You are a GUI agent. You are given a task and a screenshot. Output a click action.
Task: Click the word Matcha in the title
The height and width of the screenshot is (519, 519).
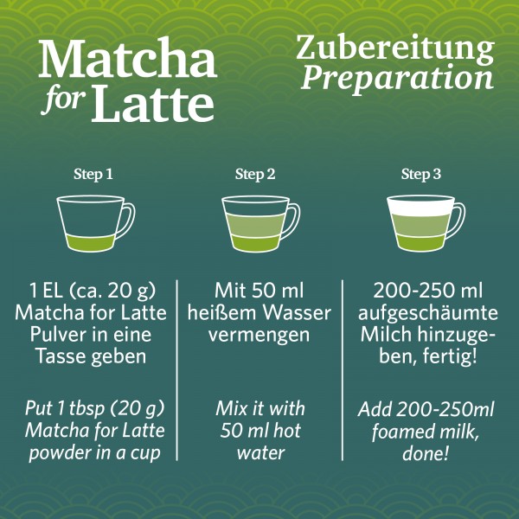(128, 58)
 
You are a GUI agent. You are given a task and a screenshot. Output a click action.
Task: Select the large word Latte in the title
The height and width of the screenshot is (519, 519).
(152, 103)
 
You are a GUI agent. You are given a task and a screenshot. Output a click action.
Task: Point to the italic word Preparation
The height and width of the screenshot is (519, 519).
(397, 79)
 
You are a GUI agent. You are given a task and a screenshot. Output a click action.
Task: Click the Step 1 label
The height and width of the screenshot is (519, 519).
(93, 174)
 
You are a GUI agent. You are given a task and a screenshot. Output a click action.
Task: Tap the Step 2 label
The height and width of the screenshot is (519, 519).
(255, 174)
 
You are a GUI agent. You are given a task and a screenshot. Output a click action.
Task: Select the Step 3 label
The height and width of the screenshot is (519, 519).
(420, 174)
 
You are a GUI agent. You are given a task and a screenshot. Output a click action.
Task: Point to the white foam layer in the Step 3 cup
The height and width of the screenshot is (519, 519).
(420, 205)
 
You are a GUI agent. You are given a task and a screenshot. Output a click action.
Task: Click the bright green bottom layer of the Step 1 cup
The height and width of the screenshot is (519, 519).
(90, 243)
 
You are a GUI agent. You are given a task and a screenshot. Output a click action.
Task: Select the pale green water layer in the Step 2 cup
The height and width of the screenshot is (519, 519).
(254, 224)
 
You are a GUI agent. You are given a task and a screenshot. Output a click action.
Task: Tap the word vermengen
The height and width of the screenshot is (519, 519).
(259, 335)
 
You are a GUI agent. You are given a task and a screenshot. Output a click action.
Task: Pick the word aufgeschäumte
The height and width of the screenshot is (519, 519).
(428, 313)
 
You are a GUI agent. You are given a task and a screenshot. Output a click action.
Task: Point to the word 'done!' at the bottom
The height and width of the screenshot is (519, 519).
(426, 452)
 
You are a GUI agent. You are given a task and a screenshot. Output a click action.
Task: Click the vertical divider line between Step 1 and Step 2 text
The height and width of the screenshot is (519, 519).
(177, 370)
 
